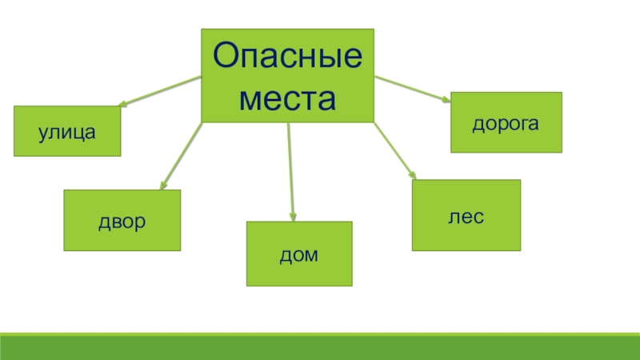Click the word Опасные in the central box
(288, 58)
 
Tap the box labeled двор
(122, 220)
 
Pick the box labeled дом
(298, 254)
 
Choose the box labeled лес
(466, 215)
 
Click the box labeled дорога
(506, 122)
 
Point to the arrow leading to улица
(160, 90)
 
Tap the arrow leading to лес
(394, 150)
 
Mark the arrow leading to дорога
(412, 88)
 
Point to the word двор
(122, 220)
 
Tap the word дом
(298, 254)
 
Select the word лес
(466, 216)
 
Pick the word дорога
(506, 122)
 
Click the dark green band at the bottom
(320, 347)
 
